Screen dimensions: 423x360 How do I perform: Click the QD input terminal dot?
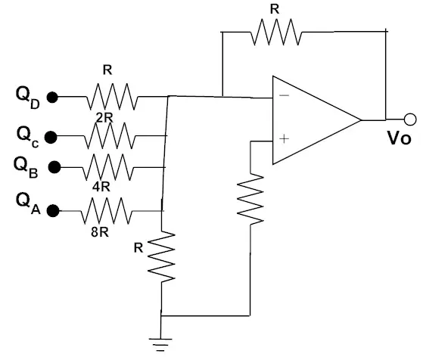pyautogui.click(x=52, y=98)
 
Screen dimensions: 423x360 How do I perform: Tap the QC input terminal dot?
pyautogui.click(x=51, y=137)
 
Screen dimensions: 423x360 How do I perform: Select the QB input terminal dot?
pyautogui.click(x=54, y=167)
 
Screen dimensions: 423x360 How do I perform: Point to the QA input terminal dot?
pyautogui.click(x=53, y=210)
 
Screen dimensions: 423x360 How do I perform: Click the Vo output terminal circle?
pyautogui.click(x=410, y=119)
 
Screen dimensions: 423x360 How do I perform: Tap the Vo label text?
pyautogui.click(x=400, y=138)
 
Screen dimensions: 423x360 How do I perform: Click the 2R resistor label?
pyautogui.click(x=104, y=117)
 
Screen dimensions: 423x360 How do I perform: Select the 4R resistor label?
pyautogui.click(x=101, y=186)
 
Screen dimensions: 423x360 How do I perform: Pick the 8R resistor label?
pyautogui.click(x=100, y=231)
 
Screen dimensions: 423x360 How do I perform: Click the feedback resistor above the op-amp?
pyautogui.click(x=276, y=32)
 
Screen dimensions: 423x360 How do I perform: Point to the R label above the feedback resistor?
pyautogui.click(x=275, y=9)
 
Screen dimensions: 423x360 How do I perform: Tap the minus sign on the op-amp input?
pyautogui.click(x=284, y=95)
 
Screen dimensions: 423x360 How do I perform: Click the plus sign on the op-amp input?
pyautogui.click(x=284, y=139)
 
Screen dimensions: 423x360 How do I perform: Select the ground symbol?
pyautogui.click(x=160, y=345)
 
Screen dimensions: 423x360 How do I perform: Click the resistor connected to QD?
pyautogui.click(x=112, y=97)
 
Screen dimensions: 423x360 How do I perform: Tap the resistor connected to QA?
pyautogui.click(x=107, y=210)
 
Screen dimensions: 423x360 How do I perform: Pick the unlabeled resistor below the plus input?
pyautogui.click(x=250, y=199)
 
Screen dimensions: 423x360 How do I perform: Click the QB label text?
pyautogui.click(x=26, y=168)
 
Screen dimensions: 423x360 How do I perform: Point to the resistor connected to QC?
pyautogui.click(x=110, y=135)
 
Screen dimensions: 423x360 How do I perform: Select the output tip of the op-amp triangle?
pyautogui.click(x=361, y=119)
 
